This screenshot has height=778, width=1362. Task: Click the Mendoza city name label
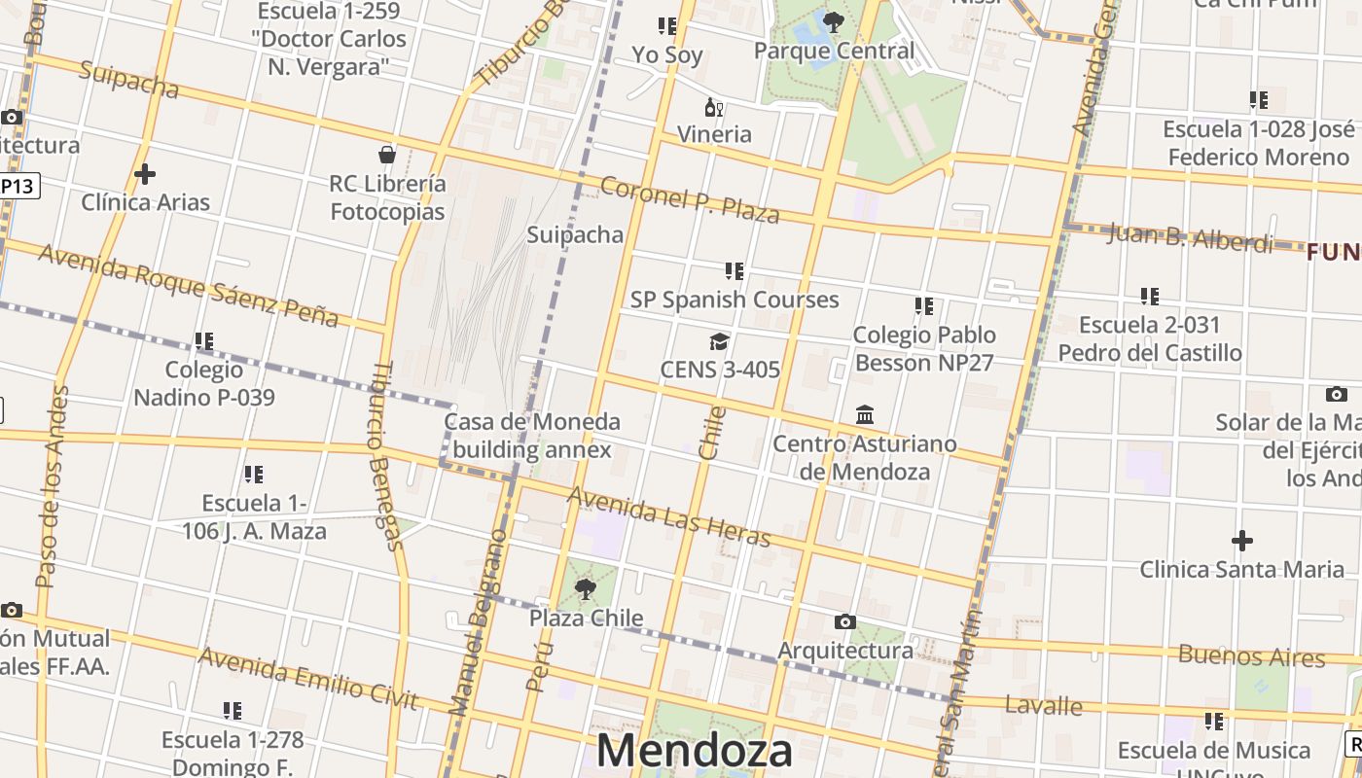coord(694,751)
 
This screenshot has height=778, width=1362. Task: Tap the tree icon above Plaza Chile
coord(586,588)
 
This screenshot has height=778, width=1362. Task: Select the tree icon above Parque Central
coord(833,21)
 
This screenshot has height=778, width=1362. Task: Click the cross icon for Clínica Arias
coord(145,174)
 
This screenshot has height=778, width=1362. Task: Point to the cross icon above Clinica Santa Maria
coord(1242,541)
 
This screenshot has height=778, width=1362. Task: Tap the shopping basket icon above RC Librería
coord(387,155)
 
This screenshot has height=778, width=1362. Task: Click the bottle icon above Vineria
coord(713,107)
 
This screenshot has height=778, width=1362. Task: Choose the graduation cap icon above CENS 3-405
coord(719,341)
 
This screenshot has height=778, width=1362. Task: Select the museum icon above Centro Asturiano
coord(865,415)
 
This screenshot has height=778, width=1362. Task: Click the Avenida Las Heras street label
coord(668,516)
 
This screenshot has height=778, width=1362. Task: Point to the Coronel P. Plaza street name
coord(689,199)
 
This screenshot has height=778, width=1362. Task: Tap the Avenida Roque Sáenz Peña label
coord(189,284)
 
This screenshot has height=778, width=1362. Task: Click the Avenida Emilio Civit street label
coord(307,678)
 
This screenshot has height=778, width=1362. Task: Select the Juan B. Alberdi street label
coord(1190,237)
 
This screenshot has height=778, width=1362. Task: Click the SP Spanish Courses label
coord(735,300)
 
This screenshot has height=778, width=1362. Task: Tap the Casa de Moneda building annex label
coord(532,436)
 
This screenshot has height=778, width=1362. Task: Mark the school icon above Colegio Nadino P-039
coord(204,341)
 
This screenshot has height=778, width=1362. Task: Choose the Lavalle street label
coord(1044,705)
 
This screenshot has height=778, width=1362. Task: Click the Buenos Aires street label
coord(1251,655)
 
